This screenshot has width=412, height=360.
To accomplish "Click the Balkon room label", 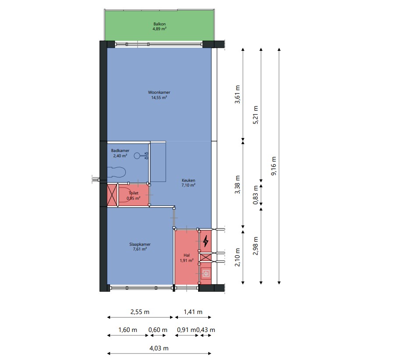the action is coord(160,26).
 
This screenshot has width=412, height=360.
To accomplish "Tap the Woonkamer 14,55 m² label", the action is coord(159,95).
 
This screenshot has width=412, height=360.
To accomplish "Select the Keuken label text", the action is coord(188,180).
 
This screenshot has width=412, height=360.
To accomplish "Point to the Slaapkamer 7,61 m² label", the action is coord(140,247).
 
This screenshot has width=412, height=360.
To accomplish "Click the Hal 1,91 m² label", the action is coord(187,258).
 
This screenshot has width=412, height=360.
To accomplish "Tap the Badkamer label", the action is coord(120,151).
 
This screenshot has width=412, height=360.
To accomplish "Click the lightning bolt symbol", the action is coord(206,241).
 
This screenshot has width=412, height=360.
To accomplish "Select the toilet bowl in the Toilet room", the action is coord(126,195).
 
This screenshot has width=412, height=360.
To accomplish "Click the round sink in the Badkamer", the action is coord(137,156).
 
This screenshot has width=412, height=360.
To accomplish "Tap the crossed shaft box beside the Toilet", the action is coord(112,195).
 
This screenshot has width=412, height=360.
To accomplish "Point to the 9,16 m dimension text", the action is coord(273,166).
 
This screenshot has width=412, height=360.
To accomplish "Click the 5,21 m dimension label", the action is coord(256,115).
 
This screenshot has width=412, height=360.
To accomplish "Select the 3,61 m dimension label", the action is coord(237,94).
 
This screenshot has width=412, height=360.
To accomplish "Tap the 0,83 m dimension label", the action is coord(256,195).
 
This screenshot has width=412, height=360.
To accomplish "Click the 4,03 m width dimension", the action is coord(159,348).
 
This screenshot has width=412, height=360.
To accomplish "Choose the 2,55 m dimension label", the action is coord(140,312).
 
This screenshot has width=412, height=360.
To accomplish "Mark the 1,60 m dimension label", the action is coord(128,330).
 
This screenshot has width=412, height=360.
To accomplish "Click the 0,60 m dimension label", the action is coord(158,330).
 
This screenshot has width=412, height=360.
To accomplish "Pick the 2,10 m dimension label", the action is coord(237,258).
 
